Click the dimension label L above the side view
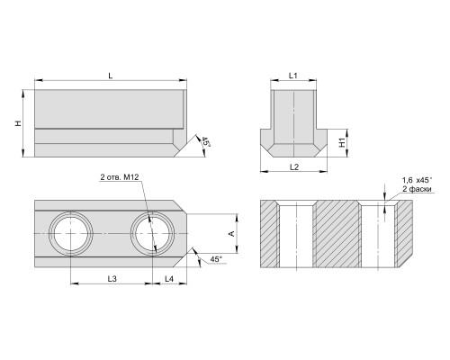(x=111, y=76)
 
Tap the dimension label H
(x=19, y=123)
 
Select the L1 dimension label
(x=293, y=76)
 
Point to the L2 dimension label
(x=294, y=167)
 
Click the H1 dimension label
(x=342, y=142)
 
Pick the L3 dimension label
(x=112, y=279)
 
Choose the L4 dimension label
(x=169, y=279)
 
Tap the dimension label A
(x=231, y=233)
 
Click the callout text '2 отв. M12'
(x=120, y=177)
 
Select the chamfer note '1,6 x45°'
(x=418, y=180)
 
